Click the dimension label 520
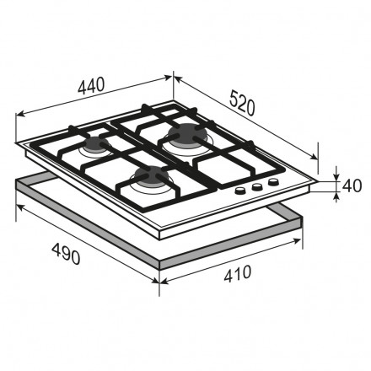pos(242,103)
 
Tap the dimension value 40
pos(352,185)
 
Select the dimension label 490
pos(67,254)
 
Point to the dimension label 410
pos(238,273)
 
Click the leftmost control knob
pos(239,191)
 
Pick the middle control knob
pos(256,186)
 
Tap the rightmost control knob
pos(273,182)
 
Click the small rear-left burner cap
pos(94,143)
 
